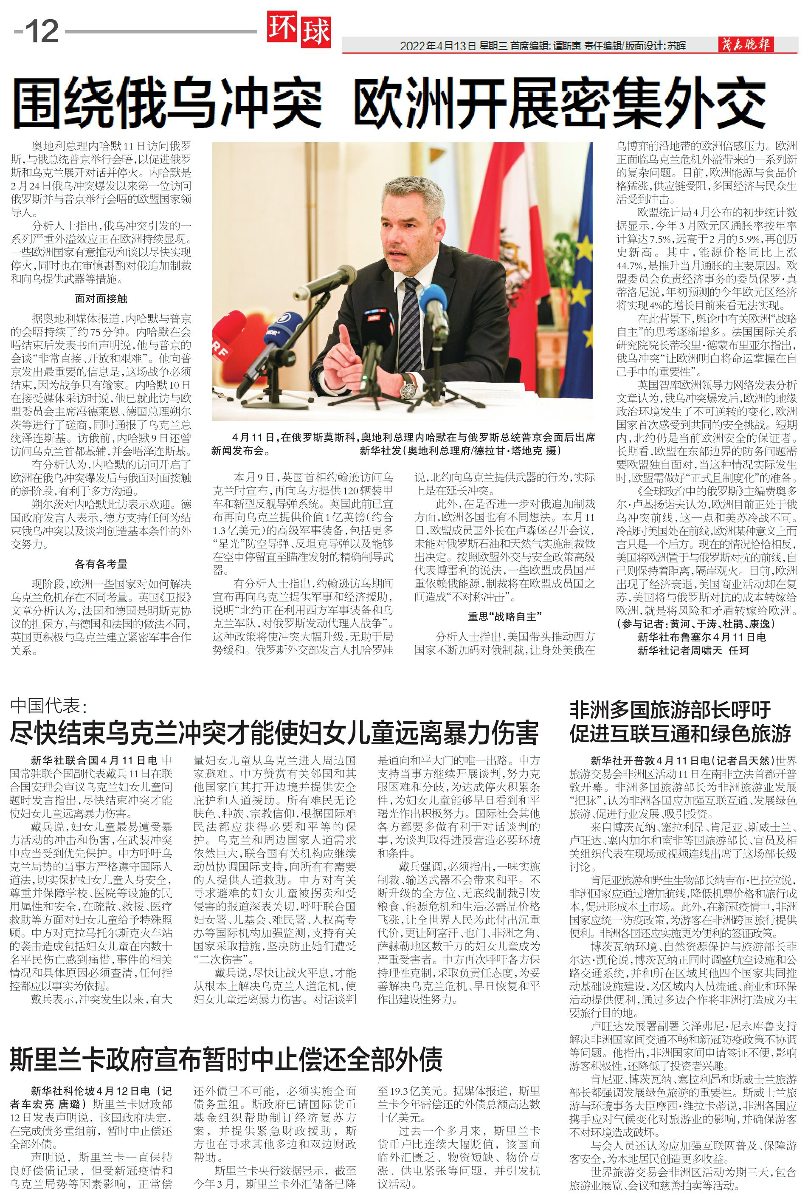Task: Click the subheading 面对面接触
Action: tap(101, 299)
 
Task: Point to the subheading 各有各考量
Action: tap(101, 564)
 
